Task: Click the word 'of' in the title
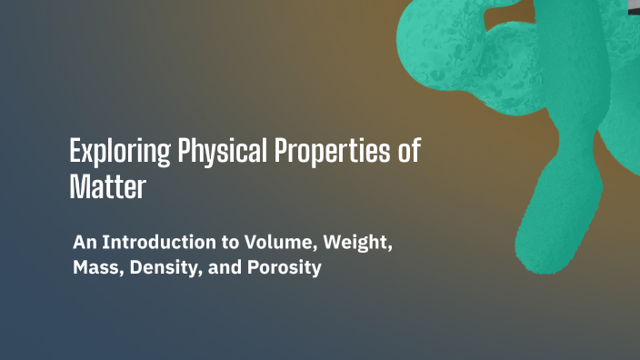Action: pyautogui.click(x=410, y=150)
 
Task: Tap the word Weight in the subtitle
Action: pyautogui.click(x=354, y=245)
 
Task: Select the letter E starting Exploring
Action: pyautogui.click(x=75, y=151)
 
